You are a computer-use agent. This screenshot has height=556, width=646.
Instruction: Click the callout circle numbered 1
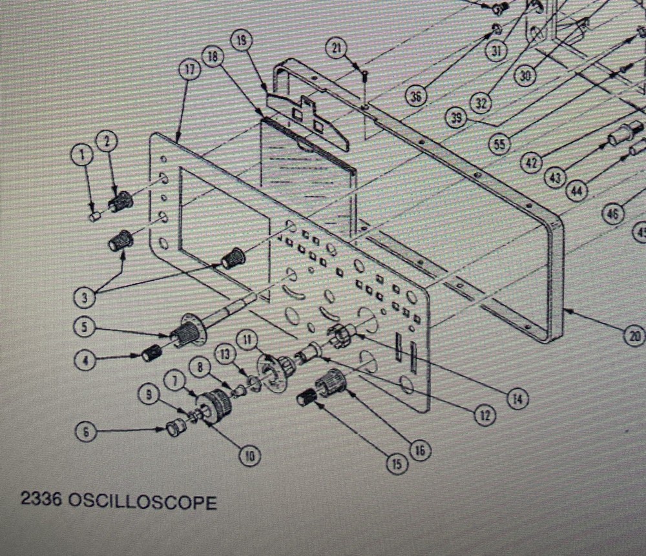click(81, 154)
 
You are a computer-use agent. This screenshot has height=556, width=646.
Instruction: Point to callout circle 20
click(635, 335)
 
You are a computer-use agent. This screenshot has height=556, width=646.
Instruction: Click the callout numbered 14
click(517, 400)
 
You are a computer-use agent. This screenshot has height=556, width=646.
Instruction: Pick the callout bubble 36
click(417, 96)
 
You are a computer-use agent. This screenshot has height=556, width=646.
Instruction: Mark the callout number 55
click(499, 144)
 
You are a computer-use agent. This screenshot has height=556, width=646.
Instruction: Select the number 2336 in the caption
click(41, 502)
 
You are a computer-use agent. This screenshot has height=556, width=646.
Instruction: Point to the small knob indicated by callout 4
click(151, 353)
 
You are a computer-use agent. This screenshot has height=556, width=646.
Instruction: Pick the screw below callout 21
click(366, 76)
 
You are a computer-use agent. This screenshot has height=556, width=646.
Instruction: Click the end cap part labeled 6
click(174, 427)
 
